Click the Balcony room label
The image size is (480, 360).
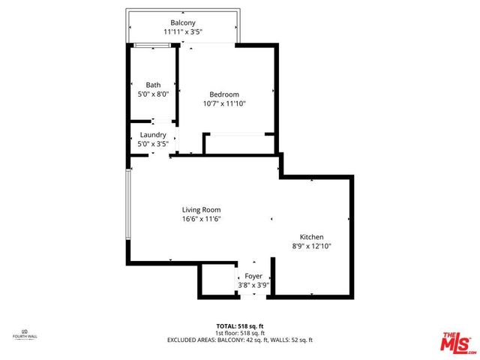click(x=183, y=22)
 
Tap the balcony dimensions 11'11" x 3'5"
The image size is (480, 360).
click(x=183, y=32)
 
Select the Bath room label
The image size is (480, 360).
click(x=153, y=85)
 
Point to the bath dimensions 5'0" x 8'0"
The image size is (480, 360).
click(x=153, y=94)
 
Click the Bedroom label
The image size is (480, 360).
click(x=223, y=94)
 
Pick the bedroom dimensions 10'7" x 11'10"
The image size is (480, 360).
click(x=223, y=103)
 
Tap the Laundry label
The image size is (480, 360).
click(x=153, y=135)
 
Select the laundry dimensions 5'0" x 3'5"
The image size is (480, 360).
click(x=153, y=144)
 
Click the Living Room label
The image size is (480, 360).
click(x=201, y=209)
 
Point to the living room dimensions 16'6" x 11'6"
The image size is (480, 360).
click(x=201, y=219)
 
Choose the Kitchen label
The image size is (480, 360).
click(x=311, y=236)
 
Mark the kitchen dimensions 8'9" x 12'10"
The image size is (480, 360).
click(x=311, y=246)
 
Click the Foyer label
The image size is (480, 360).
click(x=253, y=276)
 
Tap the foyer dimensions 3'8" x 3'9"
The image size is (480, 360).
click(x=253, y=285)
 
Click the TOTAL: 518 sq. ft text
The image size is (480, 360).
click(x=240, y=326)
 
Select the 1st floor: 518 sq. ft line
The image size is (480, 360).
click(x=240, y=333)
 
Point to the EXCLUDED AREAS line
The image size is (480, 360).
click(x=240, y=340)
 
